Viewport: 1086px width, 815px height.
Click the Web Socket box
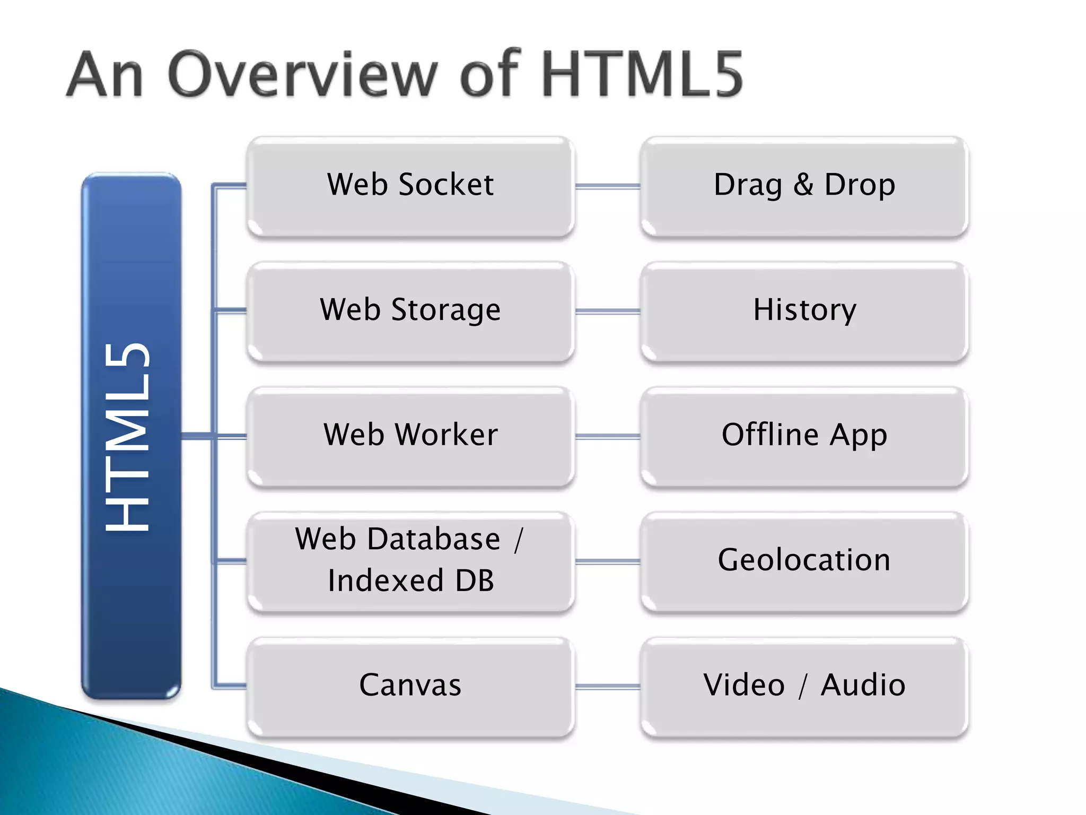click(x=410, y=186)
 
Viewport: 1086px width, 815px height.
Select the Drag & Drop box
click(x=804, y=186)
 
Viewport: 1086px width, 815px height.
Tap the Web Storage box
click(x=410, y=311)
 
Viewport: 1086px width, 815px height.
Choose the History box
click(x=804, y=311)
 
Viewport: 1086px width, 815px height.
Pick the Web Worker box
click(x=410, y=436)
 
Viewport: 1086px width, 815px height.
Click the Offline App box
click(x=804, y=436)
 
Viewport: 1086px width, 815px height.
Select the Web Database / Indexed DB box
click(x=410, y=561)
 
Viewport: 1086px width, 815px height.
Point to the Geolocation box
click(x=804, y=561)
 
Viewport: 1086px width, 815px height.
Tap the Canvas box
click(x=410, y=686)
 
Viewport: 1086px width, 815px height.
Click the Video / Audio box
click(x=804, y=686)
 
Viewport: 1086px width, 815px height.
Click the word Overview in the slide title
click(x=303, y=74)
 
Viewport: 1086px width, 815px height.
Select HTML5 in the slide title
click(x=641, y=74)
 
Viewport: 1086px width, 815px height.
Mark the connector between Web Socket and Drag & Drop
click(x=607, y=186)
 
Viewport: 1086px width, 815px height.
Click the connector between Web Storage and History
click(x=607, y=311)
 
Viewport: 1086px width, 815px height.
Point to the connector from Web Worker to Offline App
click(x=607, y=436)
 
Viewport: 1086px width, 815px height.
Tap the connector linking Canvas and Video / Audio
click(x=607, y=687)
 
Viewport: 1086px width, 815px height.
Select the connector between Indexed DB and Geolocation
click(x=607, y=561)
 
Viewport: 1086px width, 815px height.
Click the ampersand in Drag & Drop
click(x=803, y=185)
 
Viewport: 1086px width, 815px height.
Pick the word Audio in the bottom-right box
click(x=863, y=685)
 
